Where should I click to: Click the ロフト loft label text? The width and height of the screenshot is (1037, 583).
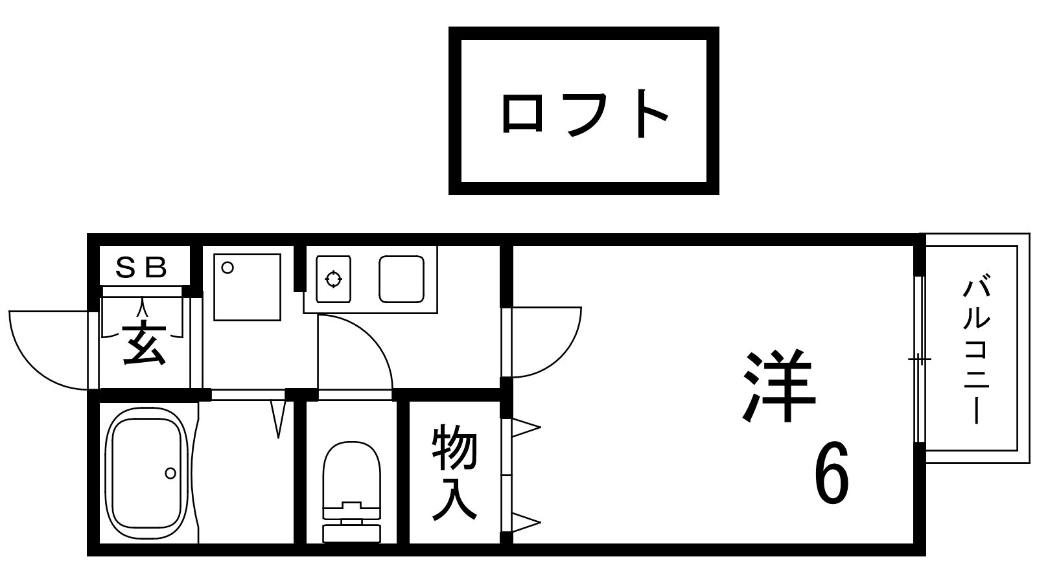click(583, 114)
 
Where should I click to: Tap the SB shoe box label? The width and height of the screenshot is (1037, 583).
click(141, 266)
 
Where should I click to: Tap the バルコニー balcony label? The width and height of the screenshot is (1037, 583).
click(977, 350)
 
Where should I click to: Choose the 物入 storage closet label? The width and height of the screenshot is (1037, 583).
click(454, 473)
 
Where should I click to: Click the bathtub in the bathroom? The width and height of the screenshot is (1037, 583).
click(146, 471)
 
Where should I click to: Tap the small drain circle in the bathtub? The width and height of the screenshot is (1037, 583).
click(170, 474)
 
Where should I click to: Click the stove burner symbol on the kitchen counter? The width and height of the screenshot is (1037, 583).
click(333, 279)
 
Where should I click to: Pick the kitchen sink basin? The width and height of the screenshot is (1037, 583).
click(401, 279)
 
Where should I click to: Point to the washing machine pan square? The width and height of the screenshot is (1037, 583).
click(247, 287)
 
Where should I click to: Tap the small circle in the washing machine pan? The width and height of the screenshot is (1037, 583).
click(227, 267)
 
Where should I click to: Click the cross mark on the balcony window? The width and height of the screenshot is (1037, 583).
click(919, 359)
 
